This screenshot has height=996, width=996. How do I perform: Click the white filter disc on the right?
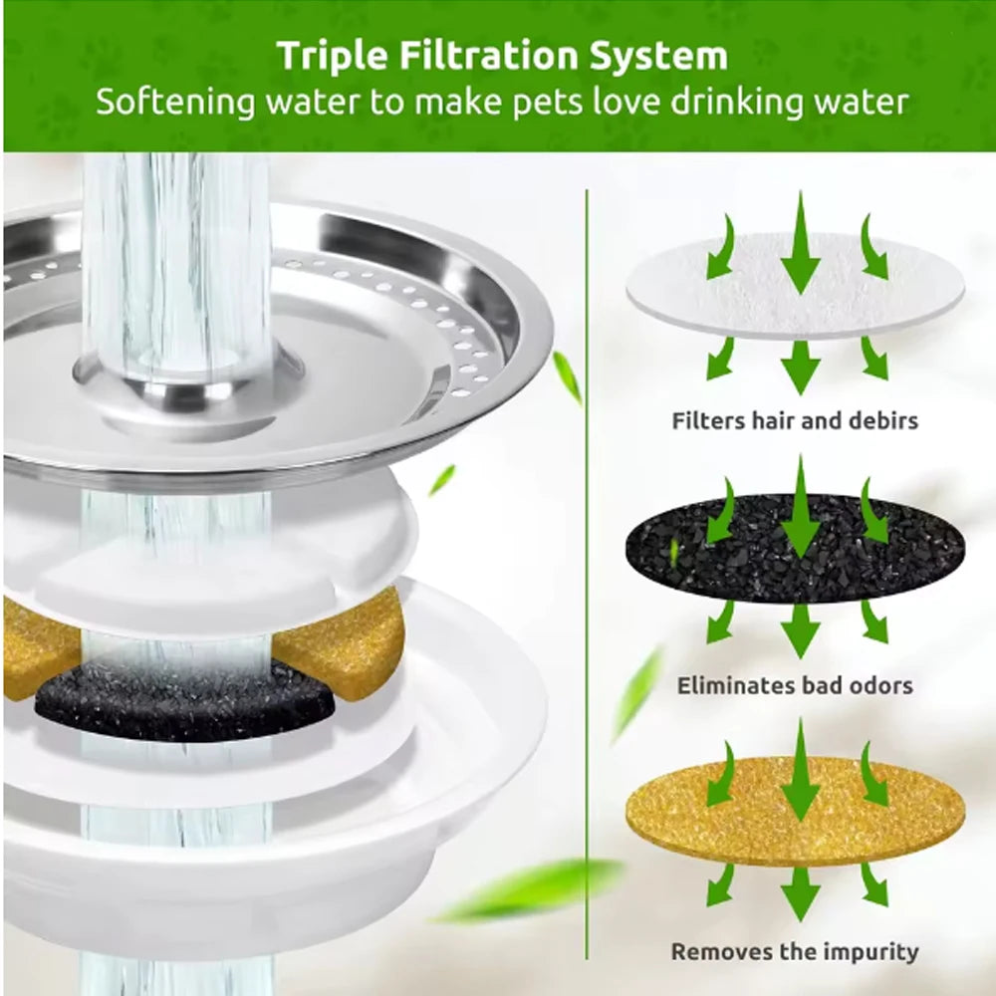[795, 289]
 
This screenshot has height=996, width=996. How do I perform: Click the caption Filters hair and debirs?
[795, 420]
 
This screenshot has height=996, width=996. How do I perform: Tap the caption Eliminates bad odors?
[795, 685]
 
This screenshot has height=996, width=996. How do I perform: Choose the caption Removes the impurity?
[795, 951]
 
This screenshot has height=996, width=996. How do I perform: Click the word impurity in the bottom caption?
[868, 951]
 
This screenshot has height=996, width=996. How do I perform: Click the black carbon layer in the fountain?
[184, 701]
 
